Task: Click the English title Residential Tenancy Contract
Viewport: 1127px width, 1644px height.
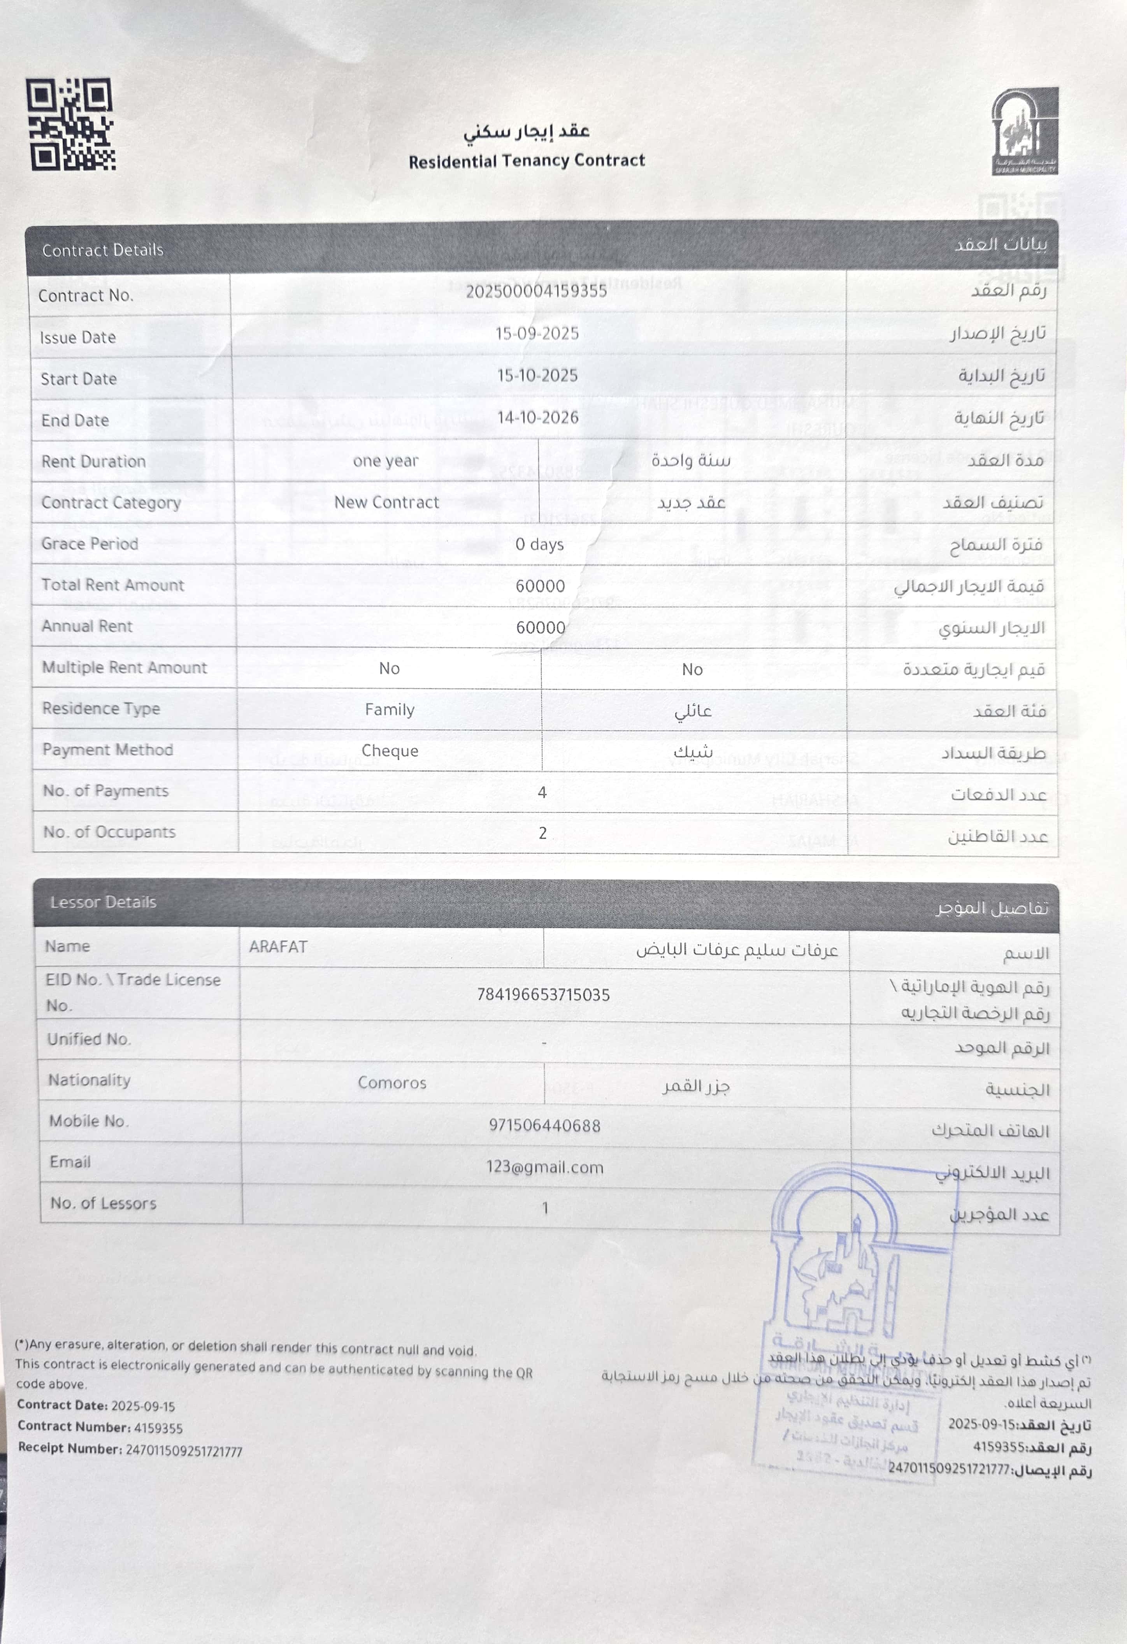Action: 527,161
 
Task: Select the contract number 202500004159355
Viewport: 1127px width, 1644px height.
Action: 536,292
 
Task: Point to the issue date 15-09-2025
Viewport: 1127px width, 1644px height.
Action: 537,334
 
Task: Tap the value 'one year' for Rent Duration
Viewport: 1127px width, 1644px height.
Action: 386,461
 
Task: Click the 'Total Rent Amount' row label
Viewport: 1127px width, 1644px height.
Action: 112,585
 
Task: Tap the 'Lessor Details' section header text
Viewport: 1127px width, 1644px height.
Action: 103,902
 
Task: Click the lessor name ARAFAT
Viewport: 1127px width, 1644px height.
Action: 278,947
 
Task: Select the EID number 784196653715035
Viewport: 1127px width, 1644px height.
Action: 543,994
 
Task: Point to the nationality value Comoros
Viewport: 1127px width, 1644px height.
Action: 392,1083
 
